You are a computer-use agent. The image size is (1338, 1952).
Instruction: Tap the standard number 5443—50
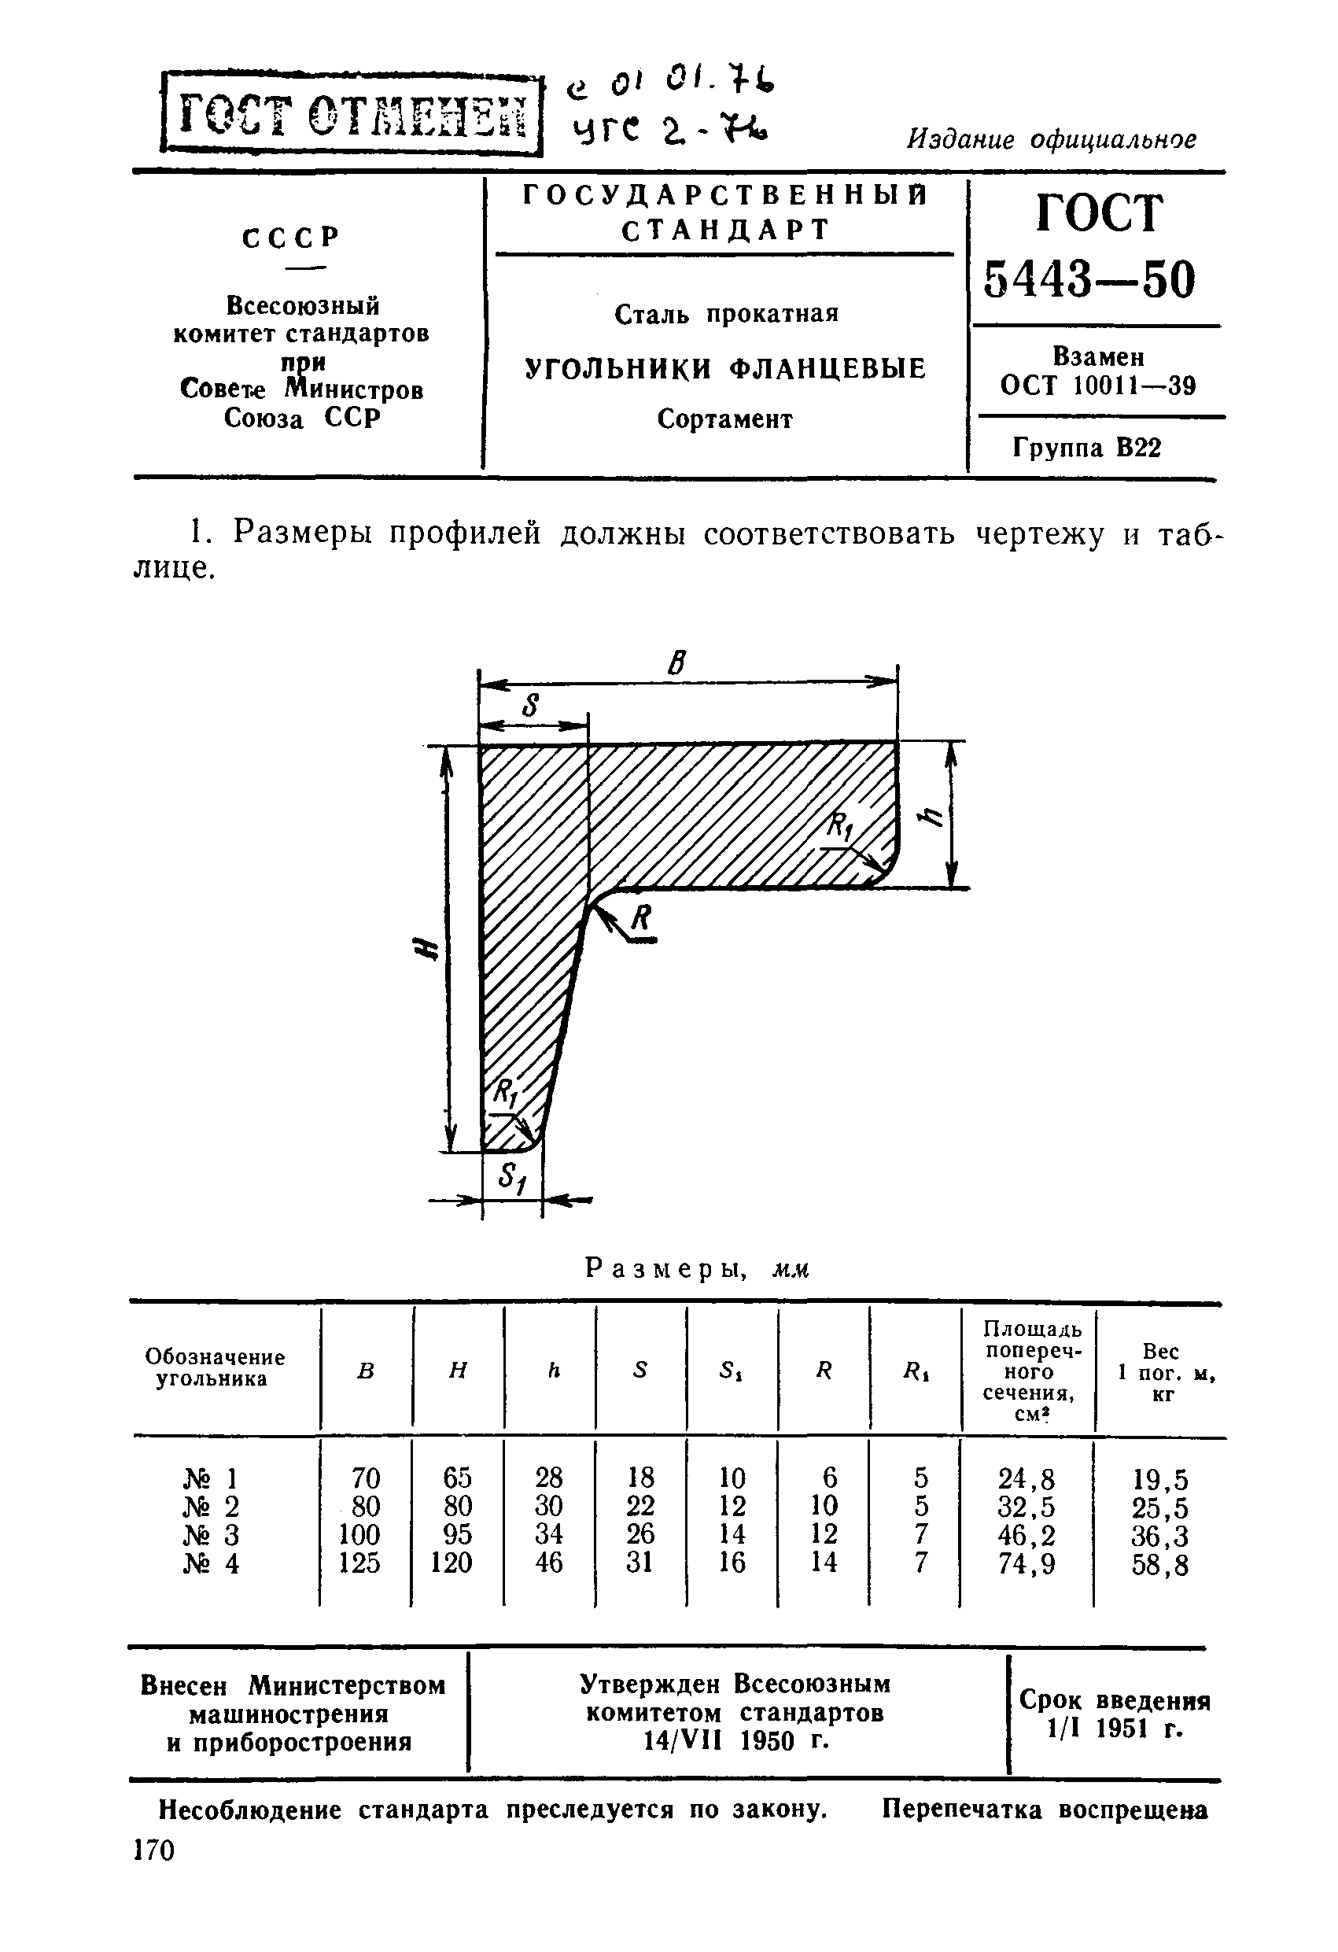pos(1089,279)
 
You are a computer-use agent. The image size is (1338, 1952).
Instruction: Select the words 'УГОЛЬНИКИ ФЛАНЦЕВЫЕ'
pos(726,368)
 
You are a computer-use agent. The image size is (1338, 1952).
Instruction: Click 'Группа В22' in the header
pos(1087,448)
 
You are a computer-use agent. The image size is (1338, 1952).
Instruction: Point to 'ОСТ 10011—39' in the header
pos(1098,386)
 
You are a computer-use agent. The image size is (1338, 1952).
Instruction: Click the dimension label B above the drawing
pos(676,664)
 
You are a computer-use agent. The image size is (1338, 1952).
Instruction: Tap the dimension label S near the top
pos(529,706)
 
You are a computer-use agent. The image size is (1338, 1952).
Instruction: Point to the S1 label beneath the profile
pos(511,1178)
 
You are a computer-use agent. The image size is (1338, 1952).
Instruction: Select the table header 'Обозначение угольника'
pos(214,1367)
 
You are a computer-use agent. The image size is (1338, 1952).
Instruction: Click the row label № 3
pos(211,1534)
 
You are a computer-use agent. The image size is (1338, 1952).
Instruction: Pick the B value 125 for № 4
pos(359,1563)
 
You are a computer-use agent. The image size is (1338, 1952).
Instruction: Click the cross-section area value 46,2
pos(1027,1535)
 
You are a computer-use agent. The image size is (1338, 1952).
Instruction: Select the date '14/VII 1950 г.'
pos(735,1742)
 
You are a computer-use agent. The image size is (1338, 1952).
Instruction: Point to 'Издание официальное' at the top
pos(1052,139)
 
